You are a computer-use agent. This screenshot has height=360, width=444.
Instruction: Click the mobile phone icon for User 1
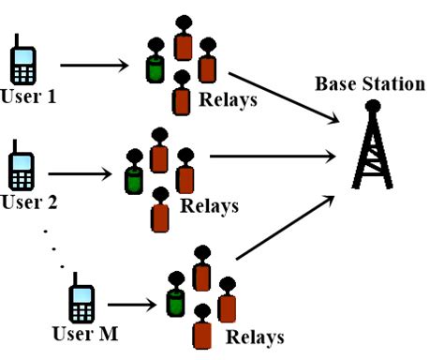tap(22, 61)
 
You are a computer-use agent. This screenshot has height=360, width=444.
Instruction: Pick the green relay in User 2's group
tap(133, 174)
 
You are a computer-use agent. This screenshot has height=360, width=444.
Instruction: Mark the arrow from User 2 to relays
tap(83, 173)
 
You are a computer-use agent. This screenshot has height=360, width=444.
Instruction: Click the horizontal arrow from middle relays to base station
tap(272, 157)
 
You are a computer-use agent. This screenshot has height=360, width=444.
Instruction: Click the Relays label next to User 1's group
tap(229, 97)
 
